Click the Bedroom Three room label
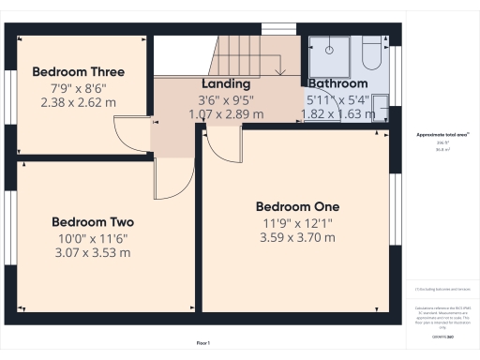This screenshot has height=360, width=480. click(x=78, y=72)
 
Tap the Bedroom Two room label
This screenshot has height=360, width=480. click(x=93, y=222)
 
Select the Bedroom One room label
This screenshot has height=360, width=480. click(x=297, y=206)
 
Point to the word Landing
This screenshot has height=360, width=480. click(x=226, y=83)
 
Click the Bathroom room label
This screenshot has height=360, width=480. click(x=337, y=83)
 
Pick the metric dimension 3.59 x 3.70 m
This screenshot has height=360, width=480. click(x=297, y=238)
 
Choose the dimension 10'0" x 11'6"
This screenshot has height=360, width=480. click(x=93, y=238)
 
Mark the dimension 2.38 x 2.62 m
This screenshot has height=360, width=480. click(x=78, y=103)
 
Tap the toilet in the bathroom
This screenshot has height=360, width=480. click(x=372, y=56)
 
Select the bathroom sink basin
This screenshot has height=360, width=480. click(x=380, y=106)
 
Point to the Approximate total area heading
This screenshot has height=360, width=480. click(x=442, y=134)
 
